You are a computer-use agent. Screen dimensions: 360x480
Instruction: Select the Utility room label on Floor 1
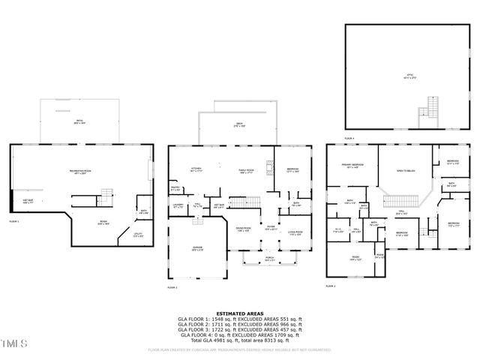137,234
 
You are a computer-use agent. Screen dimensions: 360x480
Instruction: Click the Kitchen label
196,170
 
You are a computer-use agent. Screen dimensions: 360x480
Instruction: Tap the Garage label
196,249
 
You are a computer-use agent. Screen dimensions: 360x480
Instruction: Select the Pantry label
174,189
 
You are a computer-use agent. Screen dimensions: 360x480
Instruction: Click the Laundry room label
178,205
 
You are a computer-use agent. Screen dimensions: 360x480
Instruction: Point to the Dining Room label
243,229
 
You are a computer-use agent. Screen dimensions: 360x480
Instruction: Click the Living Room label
295,233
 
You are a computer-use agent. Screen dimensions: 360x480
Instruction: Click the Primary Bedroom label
353,167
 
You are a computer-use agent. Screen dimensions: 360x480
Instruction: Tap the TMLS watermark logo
13,344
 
